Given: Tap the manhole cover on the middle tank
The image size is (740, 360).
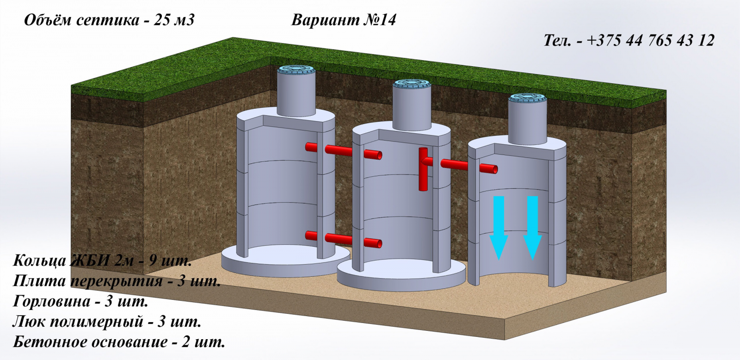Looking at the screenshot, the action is pos(412,83).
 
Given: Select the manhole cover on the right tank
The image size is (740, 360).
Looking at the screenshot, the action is pos(528,98).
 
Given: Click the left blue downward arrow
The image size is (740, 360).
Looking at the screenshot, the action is pos(499,228).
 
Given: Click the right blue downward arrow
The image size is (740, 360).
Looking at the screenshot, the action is pos(532,228).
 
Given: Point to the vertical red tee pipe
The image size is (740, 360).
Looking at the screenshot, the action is pos(423,169).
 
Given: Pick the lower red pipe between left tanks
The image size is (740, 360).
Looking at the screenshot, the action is pos(344,239).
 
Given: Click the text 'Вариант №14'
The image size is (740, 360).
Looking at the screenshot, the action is pos(343,20).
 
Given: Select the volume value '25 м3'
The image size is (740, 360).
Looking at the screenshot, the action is pos(174,20).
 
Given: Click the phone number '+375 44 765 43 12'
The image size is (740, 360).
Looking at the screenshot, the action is pos(651,40).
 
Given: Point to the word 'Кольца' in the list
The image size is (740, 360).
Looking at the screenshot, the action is pos(39,261).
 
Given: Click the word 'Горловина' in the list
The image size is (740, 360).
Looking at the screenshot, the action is pos(51,302).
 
